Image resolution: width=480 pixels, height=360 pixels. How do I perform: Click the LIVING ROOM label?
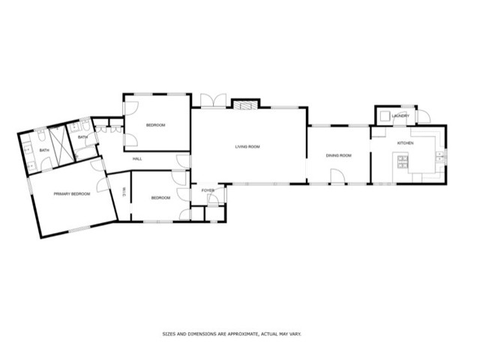click(x=247, y=147)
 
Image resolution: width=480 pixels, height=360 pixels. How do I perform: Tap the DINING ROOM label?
click(x=338, y=155)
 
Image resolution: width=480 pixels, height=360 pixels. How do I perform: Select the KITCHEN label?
click(x=405, y=143)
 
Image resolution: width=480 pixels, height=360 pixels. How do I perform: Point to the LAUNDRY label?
click(x=400, y=116)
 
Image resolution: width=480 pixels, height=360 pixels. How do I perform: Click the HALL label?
click(x=137, y=159)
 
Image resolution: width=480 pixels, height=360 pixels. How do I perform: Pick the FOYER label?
click(x=208, y=190)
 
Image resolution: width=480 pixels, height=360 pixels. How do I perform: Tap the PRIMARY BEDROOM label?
click(x=72, y=193)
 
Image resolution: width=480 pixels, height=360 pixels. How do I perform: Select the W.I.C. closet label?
click(x=124, y=192)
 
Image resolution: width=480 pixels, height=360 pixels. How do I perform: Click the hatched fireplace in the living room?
click(x=245, y=105)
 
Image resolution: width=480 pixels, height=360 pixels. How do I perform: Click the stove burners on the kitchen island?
click(x=403, y=162)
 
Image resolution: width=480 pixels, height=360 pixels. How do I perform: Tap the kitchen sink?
click(x=440, y=156)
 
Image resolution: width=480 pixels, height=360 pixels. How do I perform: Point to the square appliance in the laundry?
click(x=385, y=116)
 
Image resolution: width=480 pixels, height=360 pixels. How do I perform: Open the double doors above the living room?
click(x=213, y=100)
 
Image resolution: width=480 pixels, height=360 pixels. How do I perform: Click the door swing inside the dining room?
click(x=338, y=176)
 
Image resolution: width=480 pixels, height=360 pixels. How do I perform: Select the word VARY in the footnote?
click(x=295, y=334)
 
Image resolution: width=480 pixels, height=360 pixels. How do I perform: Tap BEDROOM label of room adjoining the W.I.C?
click(x=160, y=198)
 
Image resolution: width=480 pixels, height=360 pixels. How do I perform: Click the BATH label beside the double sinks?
click(x=44, y=150)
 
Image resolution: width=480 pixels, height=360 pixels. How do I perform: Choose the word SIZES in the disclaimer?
click(x=169, y=334)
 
